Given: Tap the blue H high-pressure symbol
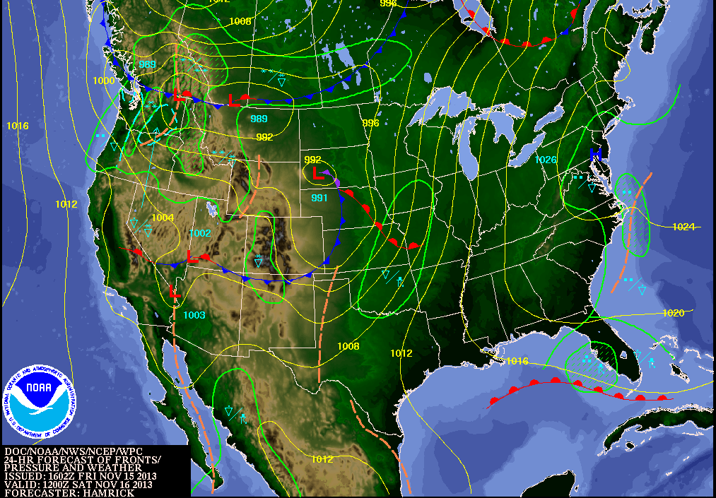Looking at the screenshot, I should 595,153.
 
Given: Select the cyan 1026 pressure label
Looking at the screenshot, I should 546,160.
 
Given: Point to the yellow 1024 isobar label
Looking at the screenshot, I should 684,227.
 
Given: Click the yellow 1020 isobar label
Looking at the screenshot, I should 674,313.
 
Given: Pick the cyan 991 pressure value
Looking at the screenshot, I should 319,198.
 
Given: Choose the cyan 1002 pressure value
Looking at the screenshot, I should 200,233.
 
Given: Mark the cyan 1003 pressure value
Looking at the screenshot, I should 194,315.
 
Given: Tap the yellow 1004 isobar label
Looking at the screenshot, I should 163,218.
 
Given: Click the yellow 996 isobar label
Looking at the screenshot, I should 371,123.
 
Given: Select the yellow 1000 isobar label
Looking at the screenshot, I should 103,81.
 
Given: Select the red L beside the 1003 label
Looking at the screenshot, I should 175,291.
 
